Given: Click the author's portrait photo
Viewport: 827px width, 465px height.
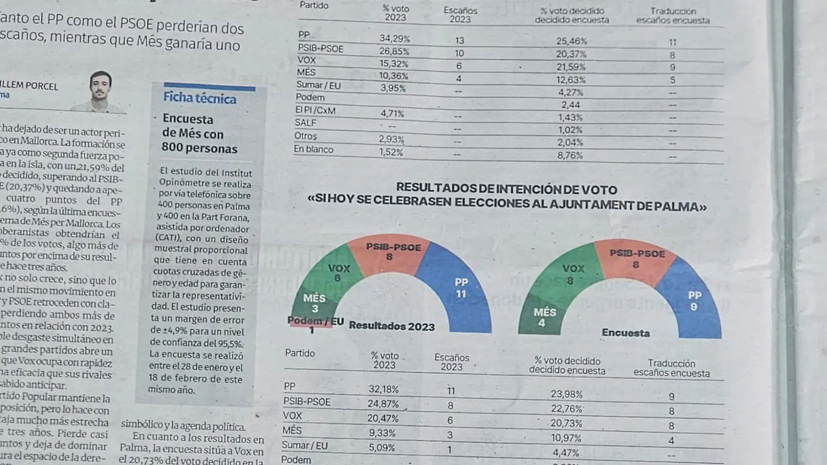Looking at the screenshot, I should tap(99, 91).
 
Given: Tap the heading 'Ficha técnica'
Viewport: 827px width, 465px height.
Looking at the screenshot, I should tap(199, 98).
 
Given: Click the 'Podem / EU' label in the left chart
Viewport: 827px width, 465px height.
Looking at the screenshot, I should tap(315, 322).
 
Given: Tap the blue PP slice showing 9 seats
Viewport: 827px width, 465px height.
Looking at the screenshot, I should tap(693, 300).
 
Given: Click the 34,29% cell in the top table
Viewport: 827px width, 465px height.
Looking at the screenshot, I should tap(394, 39).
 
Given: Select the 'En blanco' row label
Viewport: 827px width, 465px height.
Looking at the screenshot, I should tap(313, 149).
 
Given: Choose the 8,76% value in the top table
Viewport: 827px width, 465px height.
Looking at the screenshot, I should tap(571, 156).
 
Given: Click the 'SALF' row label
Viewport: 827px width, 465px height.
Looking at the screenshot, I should tap(305, 123).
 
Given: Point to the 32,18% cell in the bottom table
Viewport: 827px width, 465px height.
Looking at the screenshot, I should tap(384, 389).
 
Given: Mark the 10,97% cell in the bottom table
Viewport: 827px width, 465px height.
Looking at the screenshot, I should tap(567, 439).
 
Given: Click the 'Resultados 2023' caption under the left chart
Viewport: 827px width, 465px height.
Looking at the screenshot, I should tap(392, 326).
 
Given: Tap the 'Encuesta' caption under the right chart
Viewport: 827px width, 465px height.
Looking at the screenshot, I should tap(625, 333).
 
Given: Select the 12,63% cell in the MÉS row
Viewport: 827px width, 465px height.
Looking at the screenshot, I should tap(571, 80).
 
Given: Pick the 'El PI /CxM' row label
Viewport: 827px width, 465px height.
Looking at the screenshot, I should tap(315, 110).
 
